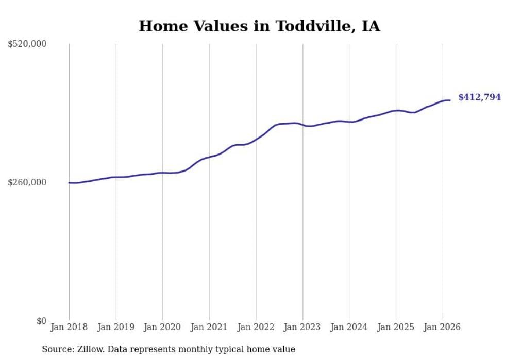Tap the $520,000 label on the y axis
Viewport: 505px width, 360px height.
(27, 44)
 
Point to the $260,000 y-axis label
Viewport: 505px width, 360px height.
(27, 183)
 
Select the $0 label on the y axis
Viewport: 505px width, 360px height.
(41, 321)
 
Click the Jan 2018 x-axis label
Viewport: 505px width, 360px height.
(69, 327)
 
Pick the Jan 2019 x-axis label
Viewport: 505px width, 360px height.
(116, 327)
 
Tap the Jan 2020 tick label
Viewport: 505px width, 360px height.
(162, 327)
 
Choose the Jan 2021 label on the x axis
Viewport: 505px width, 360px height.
(209, 327)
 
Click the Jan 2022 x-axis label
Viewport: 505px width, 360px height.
(256, 327)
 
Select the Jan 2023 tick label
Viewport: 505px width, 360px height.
(302, 327)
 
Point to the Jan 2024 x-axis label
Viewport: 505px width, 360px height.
(349, 327)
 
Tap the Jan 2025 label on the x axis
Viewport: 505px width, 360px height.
(396, 327)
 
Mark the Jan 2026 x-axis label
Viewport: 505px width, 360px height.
(443, 327)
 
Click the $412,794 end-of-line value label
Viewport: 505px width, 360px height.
(479, 97)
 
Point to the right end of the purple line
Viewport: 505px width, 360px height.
(450, 100)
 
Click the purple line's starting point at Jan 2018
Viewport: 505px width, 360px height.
(69, 183)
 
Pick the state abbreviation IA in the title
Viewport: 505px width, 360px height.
(371, 26)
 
